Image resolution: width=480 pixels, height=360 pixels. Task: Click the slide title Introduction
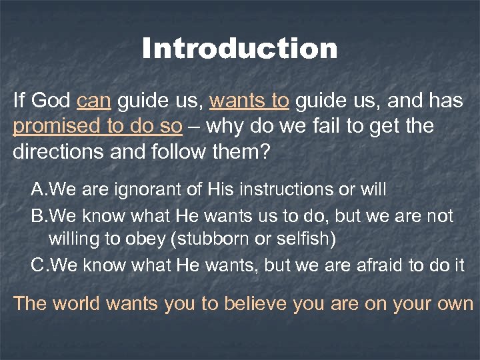click(240, 49)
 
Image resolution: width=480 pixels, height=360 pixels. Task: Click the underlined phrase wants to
click(249, 101)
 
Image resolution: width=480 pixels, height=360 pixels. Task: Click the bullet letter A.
click(38, 190)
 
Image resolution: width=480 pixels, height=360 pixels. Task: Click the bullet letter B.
click(38, 217)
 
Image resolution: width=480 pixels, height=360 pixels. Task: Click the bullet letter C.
click(39, 265)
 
